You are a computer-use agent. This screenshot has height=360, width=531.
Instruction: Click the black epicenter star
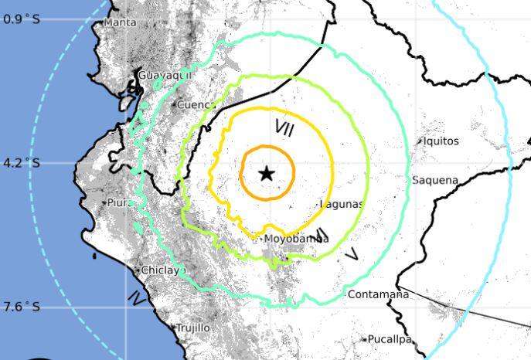point(267,173)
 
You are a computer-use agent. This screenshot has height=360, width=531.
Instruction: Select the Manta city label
point(121,22)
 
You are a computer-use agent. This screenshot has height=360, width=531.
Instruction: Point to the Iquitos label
point(441,141)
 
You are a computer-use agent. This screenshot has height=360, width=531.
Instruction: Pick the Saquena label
point(435,181)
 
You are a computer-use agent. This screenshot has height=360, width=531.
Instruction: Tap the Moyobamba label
point(296,239)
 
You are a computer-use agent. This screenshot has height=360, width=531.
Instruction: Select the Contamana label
point(378,294)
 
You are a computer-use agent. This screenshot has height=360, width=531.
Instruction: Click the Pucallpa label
point(391,339)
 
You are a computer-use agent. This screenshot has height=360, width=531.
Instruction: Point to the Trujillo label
point(192,328)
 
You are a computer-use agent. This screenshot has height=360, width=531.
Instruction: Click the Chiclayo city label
point(161,270)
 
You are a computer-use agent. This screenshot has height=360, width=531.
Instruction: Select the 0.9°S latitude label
point(22,19)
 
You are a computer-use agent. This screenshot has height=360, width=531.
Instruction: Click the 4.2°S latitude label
point(22,163)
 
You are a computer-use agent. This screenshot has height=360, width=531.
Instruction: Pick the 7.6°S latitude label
point(22,307)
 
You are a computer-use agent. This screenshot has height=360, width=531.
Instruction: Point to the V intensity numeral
point(352,253)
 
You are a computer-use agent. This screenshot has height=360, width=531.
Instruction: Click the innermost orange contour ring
point(293,173)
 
